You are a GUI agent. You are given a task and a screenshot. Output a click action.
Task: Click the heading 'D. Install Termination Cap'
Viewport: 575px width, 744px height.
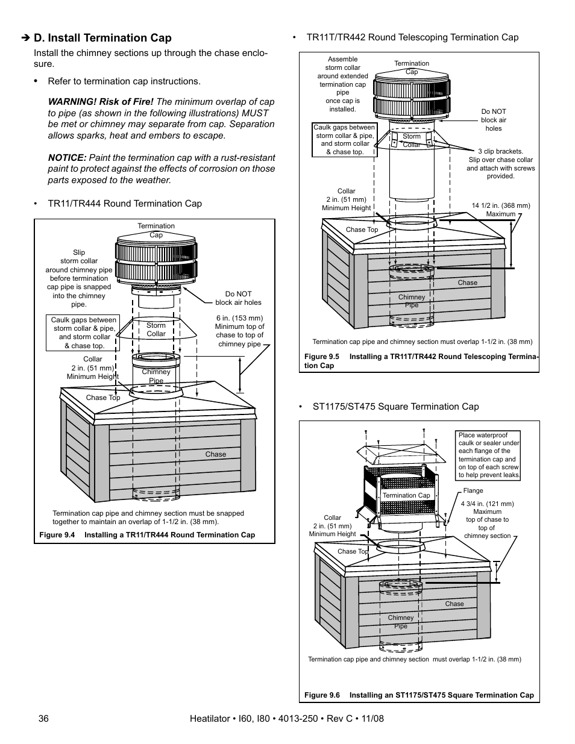click(x=102, y=38)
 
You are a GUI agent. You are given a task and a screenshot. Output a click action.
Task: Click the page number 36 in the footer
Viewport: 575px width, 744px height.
click(x=43, y=719)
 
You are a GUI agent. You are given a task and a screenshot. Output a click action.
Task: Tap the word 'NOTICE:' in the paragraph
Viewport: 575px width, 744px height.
click(x=67, y=158)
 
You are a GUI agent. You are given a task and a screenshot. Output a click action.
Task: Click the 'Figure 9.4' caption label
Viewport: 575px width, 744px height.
click(x=57, y=535)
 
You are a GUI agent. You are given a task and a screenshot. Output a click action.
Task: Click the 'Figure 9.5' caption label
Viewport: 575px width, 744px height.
click(x=322, y=357)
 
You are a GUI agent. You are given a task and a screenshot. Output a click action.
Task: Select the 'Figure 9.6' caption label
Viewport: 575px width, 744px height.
click(x=322, y=695)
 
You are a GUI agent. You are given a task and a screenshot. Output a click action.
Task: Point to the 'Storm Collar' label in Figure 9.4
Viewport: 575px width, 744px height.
click(x=156, y=330)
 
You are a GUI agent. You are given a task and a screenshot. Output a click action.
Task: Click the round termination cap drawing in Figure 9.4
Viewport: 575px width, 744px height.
click(x=156, y=263)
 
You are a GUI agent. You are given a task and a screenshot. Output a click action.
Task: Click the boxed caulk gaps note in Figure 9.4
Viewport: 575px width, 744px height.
click(x=83, y=333)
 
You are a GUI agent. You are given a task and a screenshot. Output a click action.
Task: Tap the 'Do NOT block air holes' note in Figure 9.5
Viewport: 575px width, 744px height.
click(x=493, y=120)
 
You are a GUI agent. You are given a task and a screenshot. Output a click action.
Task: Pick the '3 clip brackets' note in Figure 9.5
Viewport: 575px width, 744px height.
click(x=500, y=164)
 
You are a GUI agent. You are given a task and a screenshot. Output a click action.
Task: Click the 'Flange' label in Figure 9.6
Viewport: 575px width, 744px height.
click(x=473, y=490)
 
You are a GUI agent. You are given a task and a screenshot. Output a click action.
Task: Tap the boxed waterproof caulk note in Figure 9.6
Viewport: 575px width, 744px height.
click(x=488, y=455)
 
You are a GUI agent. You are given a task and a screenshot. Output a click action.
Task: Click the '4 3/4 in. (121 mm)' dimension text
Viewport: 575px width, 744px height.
click(x=487, y=504)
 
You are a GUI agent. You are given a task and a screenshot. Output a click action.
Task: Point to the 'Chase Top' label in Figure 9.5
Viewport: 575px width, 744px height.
click(x=362, y=230)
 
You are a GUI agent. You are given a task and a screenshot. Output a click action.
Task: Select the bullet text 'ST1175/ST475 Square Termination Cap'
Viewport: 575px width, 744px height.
click(x=395, y=407)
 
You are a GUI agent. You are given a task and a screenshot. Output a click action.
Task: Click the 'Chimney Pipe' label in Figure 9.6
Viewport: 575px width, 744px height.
click(x=401, y=622)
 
